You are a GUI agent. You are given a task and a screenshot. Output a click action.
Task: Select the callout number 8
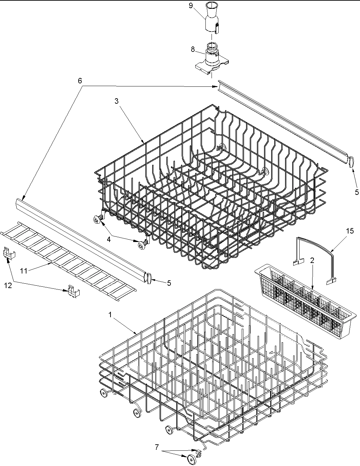[x=193, y=49]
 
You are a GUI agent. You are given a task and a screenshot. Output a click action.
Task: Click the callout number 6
[x=80, y=81]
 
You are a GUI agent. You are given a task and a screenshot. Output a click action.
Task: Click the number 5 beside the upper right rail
[x=357, y=192]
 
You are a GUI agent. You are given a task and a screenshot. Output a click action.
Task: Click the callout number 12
[x=8, y=285]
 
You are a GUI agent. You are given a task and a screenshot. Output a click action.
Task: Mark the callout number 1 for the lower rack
[x=110, y=315]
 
